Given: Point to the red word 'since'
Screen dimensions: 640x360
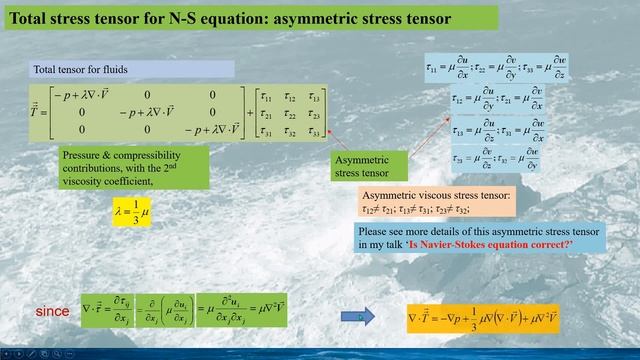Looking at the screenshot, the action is pos(52,312).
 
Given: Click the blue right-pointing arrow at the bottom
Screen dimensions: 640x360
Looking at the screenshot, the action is pos(358,316).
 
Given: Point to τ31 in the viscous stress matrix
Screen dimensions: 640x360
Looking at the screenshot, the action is pos(266,130).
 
